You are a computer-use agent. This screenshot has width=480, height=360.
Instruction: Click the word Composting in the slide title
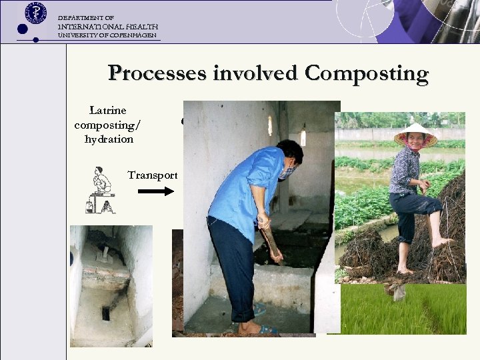click(x=366, y=73)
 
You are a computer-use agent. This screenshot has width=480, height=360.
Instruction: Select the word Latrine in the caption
click(x=108, y=110)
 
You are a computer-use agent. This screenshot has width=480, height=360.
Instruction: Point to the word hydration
click(x=109, y=139)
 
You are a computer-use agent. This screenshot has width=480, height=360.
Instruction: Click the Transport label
click(x=153, y=175)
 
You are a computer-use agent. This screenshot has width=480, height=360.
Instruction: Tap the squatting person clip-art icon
click(x=101, y=190)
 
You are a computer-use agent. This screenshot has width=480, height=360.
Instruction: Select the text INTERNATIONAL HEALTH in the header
click(x=108, y=26)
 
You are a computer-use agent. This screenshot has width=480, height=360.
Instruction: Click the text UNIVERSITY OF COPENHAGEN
click(x=107, y=35)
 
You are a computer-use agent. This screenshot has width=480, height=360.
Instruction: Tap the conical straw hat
click(x=415, y=135)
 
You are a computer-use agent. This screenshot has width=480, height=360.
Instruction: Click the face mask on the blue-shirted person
click(x=287, y=173)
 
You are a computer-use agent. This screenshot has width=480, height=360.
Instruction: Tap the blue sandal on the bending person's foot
click(x=268, y=329)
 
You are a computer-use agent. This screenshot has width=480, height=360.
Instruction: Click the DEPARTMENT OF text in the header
click(x=86, y=17)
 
